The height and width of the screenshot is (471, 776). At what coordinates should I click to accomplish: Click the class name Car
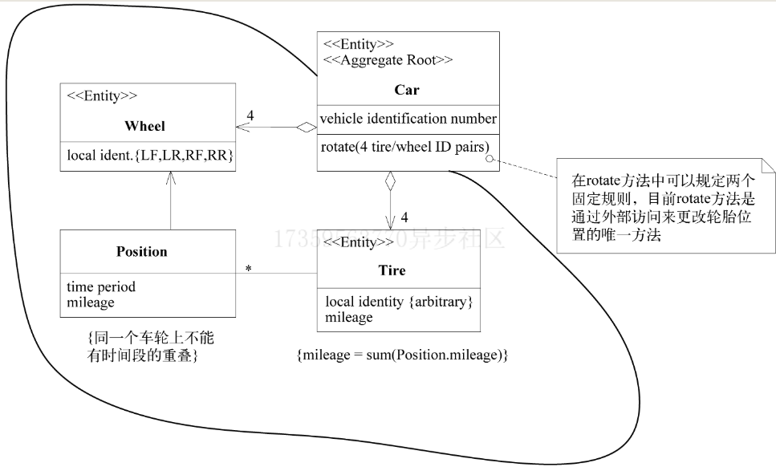pos(407,89)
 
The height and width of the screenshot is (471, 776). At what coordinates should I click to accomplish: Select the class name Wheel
pos(145,126)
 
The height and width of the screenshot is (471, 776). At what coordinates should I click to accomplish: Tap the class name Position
pos(141,251)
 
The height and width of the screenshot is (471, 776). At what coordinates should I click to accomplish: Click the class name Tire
pos(392,270)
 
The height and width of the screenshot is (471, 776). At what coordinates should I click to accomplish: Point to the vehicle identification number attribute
pos(408,119)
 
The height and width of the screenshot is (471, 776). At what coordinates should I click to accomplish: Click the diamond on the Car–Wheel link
pos(307,127)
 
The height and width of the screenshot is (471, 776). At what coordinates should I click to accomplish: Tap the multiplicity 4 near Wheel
pos(250,116)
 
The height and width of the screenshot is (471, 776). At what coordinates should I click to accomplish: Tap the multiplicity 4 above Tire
pos(404,217)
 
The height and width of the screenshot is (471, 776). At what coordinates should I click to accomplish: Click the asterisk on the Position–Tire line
pos(248,269)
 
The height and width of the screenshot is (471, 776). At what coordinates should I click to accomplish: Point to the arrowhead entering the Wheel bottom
pos(170,177)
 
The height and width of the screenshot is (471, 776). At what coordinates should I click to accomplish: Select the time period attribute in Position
pos(100,286)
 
